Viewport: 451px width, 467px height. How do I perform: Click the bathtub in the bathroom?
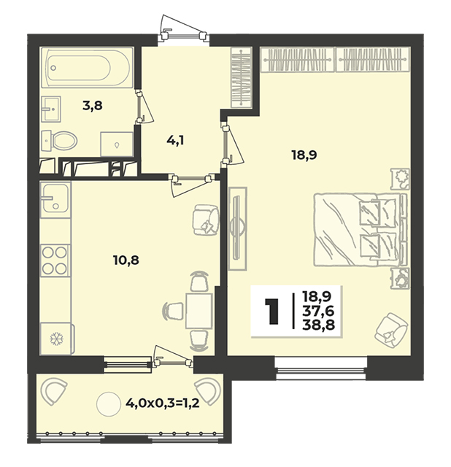87,67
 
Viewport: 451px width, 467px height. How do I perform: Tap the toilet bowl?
60,140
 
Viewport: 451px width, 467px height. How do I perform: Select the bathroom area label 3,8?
93,105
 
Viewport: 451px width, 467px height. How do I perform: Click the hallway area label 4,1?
175,139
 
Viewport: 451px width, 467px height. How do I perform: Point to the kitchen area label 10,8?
126,260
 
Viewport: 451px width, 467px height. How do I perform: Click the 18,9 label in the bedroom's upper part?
304,155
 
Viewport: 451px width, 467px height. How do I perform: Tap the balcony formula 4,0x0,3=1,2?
162,404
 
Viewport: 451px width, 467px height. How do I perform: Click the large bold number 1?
272,311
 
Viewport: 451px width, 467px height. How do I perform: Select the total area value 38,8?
318,325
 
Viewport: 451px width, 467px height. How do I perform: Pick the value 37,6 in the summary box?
318,311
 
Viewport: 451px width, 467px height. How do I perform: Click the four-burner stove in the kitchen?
55,260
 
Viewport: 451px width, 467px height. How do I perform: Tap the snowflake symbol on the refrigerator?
55,339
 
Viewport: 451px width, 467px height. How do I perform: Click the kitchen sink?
55,198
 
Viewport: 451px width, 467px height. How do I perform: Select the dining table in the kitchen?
199,311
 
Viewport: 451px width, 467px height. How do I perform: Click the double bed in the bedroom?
360,229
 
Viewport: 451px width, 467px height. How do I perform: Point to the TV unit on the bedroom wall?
237,228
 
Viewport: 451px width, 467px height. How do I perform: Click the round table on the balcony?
109,404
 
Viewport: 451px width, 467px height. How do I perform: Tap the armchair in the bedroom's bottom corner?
391,330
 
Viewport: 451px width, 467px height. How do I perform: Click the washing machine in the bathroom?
117,144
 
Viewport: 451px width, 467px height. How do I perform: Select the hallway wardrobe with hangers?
242,77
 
